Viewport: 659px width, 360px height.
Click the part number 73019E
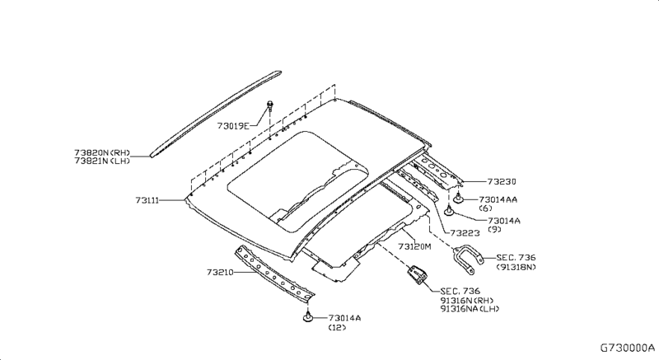pos(233,126)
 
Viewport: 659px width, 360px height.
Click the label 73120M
pos(416,246)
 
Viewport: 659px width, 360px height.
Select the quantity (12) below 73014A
pos(338,327)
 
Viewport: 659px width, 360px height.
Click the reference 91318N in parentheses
pos(516,267)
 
